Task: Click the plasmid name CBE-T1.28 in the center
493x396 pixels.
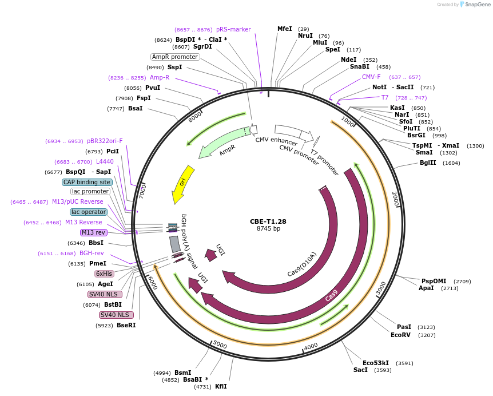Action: coord(268,221)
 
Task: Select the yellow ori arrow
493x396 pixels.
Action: coord(183,183)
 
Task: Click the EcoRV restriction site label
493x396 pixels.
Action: coord(400,335)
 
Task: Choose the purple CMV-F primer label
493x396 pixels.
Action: coord(371,77)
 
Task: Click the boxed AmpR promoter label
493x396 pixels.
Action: coord(175,57)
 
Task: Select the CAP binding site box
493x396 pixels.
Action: coord(87,182)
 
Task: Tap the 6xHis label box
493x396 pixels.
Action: coord(104,274)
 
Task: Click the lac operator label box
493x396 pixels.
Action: coord(89,212)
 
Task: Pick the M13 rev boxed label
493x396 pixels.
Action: coord(94,232)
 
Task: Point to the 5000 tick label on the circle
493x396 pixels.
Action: coord(220,346)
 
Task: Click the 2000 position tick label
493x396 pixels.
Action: coord(395,199)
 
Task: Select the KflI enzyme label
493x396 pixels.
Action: coord(221,386)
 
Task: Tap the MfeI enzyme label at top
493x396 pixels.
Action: coord(284,29)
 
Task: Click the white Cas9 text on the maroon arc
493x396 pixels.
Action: coord(331,296)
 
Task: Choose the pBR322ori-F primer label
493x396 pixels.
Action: coord(105,141)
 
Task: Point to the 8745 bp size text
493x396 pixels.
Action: coord(268,229)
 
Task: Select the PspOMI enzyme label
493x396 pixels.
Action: coord(434,281)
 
